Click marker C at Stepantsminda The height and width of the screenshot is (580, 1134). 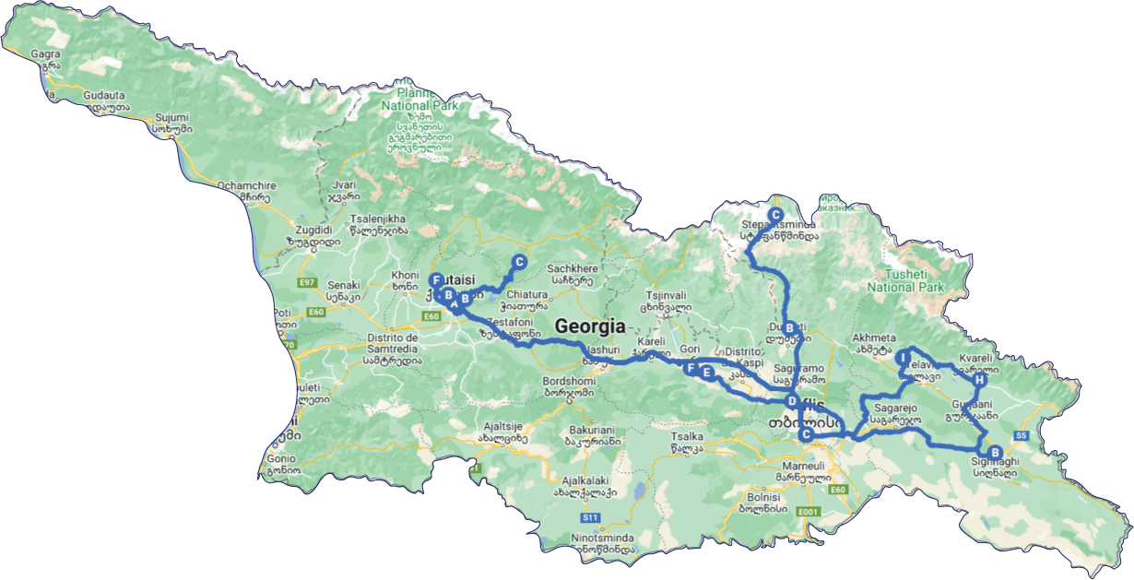[775, 215]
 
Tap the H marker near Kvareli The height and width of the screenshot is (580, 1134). [980, 380]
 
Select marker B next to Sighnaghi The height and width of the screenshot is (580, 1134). [994, 452]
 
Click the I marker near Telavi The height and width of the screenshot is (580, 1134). [904, 358]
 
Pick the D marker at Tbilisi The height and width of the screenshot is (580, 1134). [791, 402]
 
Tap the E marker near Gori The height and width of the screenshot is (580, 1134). [706, 373]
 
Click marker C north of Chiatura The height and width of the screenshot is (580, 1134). [519, 262]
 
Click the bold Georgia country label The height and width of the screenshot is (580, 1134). [589, 326]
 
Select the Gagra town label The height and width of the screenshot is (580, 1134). [45, 54]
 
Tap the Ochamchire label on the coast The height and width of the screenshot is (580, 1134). [242, 185]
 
